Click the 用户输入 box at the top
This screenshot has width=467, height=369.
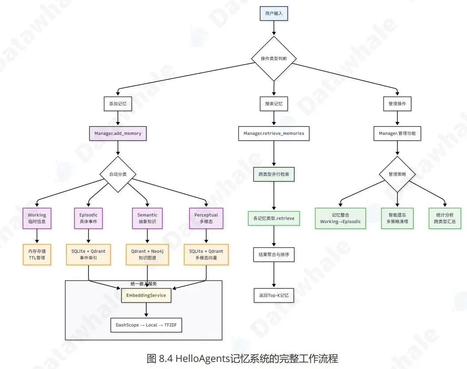(x=274, y=14)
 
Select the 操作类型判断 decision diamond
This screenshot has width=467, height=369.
(x=274, y=59)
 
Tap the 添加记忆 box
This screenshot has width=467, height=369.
(x=118, y=104)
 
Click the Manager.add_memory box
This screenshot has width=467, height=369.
(x=118, y=133)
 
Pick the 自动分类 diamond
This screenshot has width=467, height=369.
(x=118, y=174)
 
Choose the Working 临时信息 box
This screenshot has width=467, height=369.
(x=37, y=218)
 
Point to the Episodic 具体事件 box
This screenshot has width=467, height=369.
(x=88, y=218)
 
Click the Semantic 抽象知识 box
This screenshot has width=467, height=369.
(x=147, y=218)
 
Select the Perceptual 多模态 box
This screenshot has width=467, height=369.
(x=206, y=218)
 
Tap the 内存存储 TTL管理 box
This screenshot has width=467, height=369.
(x=37, y=254)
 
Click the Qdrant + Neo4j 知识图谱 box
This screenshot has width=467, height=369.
(x=147, y=254)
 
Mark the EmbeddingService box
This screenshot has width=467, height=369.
(x=147, y=295)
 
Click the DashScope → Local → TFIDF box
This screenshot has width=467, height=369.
(x=147, y=325)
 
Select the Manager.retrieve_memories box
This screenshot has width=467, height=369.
(x=274, y=133)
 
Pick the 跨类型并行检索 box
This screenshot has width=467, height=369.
(x=274, y=174)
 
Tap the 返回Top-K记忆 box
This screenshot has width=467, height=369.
(x=274, y=295)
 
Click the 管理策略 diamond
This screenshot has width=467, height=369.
(x=397, y=174)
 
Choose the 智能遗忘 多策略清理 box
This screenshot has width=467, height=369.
(x=397, y=218)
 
